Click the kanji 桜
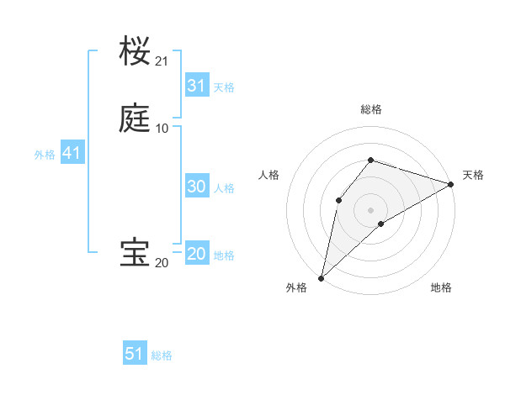135,52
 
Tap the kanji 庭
135,118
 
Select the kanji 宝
135,253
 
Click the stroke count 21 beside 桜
162,61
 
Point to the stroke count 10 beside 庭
162,128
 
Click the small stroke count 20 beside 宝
162,263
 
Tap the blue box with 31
196,86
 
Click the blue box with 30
196,187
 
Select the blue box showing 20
196,255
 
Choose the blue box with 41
72,154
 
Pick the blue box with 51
135,354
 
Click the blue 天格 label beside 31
224,87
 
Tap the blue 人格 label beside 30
224,188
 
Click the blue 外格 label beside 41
45,155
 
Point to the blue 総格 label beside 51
162,355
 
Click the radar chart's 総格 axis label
371,109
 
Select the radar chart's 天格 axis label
473,175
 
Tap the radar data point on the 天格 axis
451,183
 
